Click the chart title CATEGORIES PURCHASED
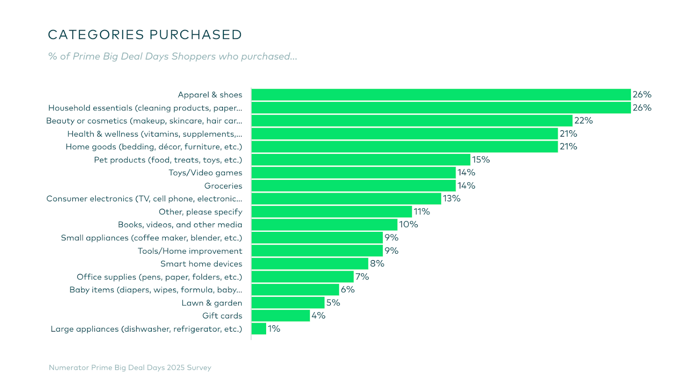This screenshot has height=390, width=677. (x=145, y=35)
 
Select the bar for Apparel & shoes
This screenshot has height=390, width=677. (x=441, y=95)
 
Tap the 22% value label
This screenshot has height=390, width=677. (x=583, y=121)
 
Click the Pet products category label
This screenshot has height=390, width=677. (x=168, y=160)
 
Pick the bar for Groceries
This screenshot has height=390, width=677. (x=353, y=186)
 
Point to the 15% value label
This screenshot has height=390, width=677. (x=481, y=159)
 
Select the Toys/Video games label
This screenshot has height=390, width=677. (x=205, y=173)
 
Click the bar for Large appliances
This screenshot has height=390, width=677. (x=259, y=329)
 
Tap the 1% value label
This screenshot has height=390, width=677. (x=274, y=329)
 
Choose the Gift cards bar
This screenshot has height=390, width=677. (x=281, y=316)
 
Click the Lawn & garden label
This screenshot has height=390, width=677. (x=212, y=303)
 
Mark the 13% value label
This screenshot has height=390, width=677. (x=451, y=198)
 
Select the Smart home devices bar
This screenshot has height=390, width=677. (x=310, y=264)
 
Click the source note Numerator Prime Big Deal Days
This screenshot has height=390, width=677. (x=130, y=368)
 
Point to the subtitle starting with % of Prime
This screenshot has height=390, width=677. (x=173, y=56)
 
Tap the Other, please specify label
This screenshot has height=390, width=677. (x=200, y=212)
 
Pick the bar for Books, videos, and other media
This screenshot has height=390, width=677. (x=324, y=225)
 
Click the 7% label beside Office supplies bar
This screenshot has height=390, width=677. (x=362, y=277)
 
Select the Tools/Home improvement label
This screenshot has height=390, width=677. (x=190, y=251)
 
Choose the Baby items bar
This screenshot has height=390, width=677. (x=295, y=290)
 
